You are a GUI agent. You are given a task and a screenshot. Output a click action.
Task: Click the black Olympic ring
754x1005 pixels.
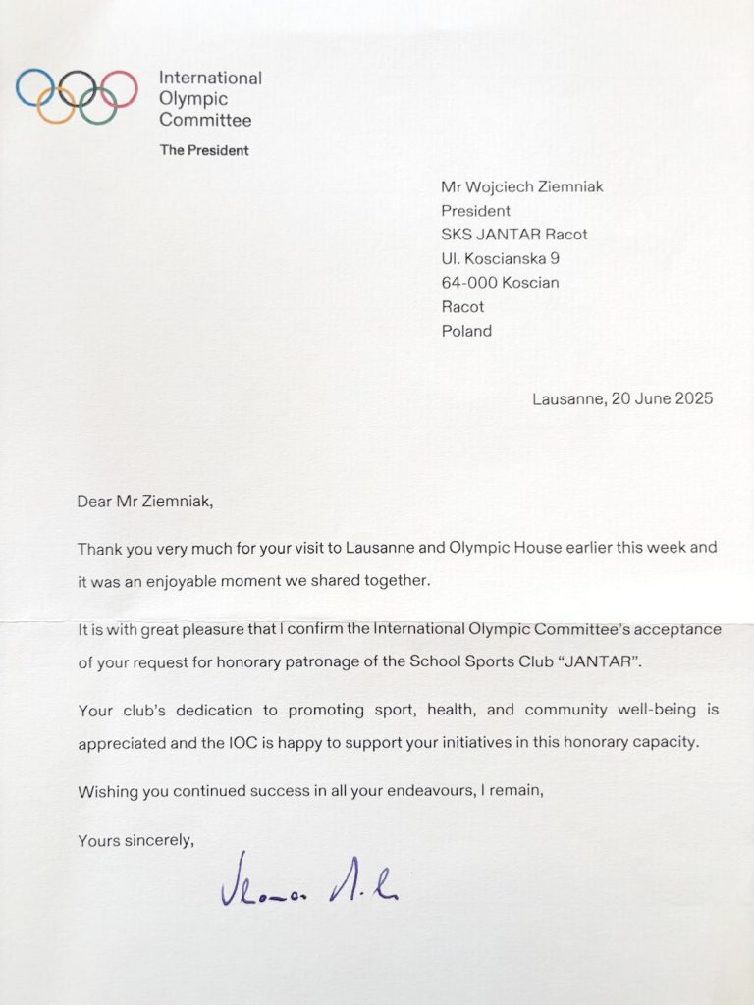pyautogui.click(x=77, y=87)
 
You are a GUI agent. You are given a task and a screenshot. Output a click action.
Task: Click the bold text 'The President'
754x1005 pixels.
pyautogui.click(x=204, y=150)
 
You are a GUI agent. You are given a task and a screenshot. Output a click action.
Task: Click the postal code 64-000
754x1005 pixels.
pyautogui.click(x=473, y=283)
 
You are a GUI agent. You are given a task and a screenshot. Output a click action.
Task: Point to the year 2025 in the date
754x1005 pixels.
pyautogui.click(x=693, y=398)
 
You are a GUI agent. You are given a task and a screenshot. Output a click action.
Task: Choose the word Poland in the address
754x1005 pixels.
pyautogui.click(x=466, y=331)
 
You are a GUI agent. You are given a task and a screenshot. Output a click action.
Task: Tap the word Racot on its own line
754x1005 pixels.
pyautogui.click(x=463, y=306)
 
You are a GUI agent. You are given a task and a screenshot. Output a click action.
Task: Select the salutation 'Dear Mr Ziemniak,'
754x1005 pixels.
pyautogui.click(x=144, y=502)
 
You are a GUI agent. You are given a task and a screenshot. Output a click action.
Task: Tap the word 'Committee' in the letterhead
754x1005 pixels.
pyautogui.click(x=205, y=120)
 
